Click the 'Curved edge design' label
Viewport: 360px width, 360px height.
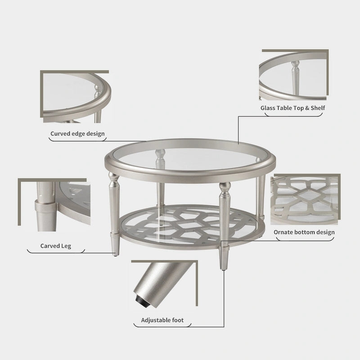pyautogui.click(x=77, y=134)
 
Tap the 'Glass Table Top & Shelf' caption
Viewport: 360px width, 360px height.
pyautogui.click(x=293, y=108)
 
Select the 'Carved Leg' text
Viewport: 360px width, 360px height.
pyautogui.click(x=55, y=246)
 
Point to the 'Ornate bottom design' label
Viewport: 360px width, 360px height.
pyautogui.click(x=304, y=232)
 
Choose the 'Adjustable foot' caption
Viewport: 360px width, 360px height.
pyautogui.click(x=162, y=320)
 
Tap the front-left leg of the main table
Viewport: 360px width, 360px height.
pyautogui.click(x=114, y=214)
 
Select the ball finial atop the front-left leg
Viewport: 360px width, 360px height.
pyautogui.click(x=114, y=176)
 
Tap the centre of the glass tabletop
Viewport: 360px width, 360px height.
pyautogui.click(x=189, y=158)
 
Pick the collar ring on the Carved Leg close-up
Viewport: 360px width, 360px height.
pyautogui.click(x=45, y=206)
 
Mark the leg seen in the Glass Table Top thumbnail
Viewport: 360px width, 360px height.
pyautogui.click(x=296, y=77)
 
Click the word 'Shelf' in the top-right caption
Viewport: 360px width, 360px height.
pyautogui.click(x=318, y=108)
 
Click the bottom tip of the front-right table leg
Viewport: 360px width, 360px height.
pyautogui.click(x=223, y=270)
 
